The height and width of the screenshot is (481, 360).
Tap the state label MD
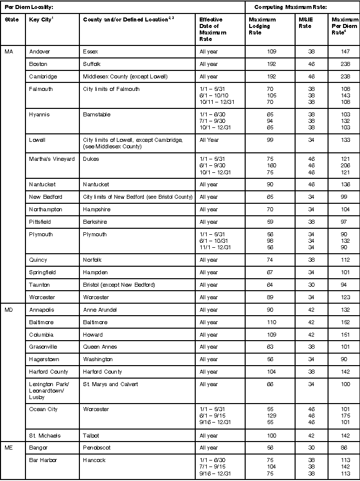pyautogui.click(x=9, y=310)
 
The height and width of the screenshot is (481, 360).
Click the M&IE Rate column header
pyautogui.click(x=305, y=23)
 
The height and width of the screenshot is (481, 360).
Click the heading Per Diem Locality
pyautogui.click(x=28, y=7)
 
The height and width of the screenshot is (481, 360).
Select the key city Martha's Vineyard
pyautogui.click(x=52, y=159)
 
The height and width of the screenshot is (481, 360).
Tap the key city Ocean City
pyautogui.click(x=43, y=409)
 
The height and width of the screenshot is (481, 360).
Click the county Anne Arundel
pyautogui.click(x=99, y=310)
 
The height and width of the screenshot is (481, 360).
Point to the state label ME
pyautogui.click(x=9, y=448)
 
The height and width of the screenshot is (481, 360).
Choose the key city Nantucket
pyautogui.click(x=42, y=184)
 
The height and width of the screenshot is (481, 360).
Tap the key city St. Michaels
pyautogui.click(x=44, y=436)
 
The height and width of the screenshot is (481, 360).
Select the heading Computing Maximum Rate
pyautogui.click(x=284, y=7)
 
